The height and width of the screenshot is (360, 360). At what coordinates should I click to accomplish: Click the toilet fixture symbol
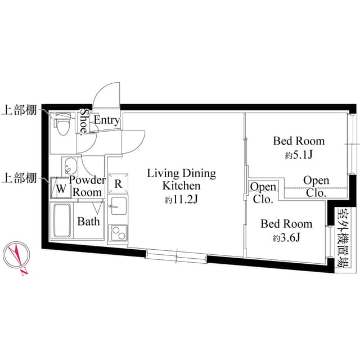tap(63, 124)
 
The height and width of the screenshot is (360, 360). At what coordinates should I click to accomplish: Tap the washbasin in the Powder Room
tap(71, 166)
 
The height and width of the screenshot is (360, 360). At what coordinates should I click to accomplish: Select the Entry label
tap(106, 120)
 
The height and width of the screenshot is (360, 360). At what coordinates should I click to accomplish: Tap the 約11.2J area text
tap(182, 199)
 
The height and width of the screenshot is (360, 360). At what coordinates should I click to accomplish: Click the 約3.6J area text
tap(286, 238)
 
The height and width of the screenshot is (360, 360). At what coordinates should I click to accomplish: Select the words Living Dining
tap(181, 173)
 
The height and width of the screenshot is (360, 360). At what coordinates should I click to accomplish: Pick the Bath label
tap(88, 222)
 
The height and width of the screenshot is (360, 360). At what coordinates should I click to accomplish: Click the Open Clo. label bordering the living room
tap(263, 193)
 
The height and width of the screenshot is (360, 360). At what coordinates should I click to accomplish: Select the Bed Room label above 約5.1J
tap(299, 141)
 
